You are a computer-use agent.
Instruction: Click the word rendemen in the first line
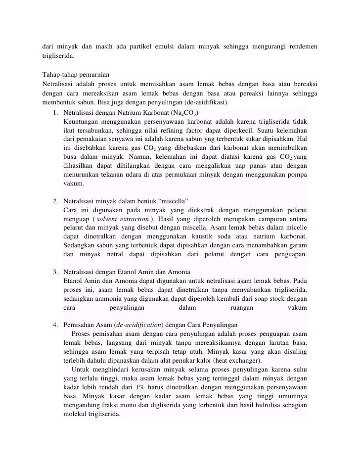point(300,47)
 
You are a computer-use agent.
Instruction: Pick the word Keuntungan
point(81,121)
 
